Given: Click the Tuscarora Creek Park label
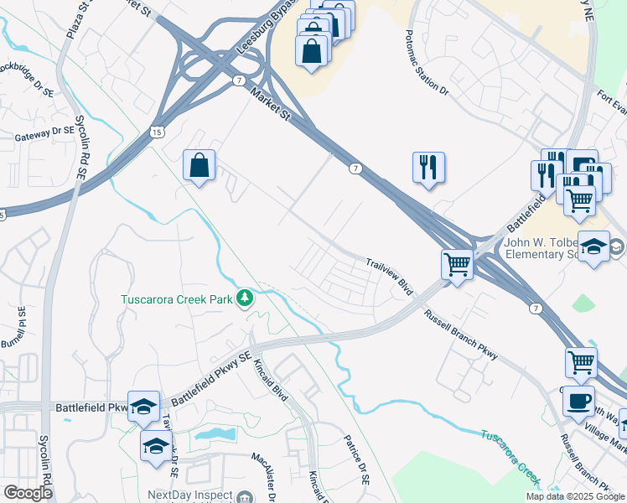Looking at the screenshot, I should [177, 298].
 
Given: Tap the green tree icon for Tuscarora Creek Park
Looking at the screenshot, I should [245, 298].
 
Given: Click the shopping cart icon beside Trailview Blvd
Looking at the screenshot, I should [457, 265].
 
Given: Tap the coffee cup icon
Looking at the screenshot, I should [578, 400].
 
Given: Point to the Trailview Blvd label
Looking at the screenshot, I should [390, 276].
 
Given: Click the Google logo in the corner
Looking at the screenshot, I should [28, 493].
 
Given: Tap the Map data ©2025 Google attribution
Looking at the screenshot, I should [574, 496].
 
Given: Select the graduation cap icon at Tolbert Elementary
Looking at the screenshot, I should [593, 246].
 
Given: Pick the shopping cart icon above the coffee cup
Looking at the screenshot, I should [581, 361].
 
